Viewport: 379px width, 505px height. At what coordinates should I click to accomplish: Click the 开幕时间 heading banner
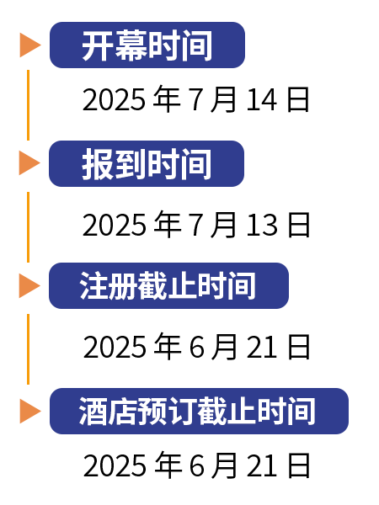click(147, 45)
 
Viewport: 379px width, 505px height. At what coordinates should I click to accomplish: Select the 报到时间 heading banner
click(147, 163)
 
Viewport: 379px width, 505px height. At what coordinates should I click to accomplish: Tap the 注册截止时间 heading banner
click(169, 285)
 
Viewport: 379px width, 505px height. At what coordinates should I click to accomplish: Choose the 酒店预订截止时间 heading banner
click(199, 411)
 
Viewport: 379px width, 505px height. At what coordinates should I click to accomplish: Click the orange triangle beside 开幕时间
click(30, 45)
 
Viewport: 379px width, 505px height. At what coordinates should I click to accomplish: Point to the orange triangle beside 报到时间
click(29, 163)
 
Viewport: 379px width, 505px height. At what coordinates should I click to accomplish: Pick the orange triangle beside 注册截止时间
click(29, 285)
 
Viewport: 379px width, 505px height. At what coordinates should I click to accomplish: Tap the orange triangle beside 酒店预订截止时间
click(30, 411)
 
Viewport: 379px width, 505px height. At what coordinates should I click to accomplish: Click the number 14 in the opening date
click(261, 100)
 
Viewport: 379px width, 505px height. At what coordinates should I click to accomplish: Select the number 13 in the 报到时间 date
click(262, 225)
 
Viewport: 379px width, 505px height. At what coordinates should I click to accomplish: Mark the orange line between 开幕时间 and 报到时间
click(29, 105)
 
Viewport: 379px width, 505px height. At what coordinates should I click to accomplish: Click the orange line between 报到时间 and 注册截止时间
click(29, 227)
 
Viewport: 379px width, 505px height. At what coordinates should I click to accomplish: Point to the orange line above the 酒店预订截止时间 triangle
click(29, 349)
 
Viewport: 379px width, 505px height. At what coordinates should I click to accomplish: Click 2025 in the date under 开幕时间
click(114, 100)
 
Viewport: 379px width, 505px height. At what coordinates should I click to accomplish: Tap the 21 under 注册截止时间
click(262, 347)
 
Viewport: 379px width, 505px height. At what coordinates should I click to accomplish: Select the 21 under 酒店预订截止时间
click(262, 465)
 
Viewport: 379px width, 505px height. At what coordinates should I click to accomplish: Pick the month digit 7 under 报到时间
click(196, 226)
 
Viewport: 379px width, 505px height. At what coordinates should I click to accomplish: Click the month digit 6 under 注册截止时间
click(196, 347)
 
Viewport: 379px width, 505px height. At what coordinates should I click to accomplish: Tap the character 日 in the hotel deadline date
click(299, 465)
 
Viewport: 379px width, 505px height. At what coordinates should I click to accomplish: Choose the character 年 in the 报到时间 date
click(167, 225)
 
